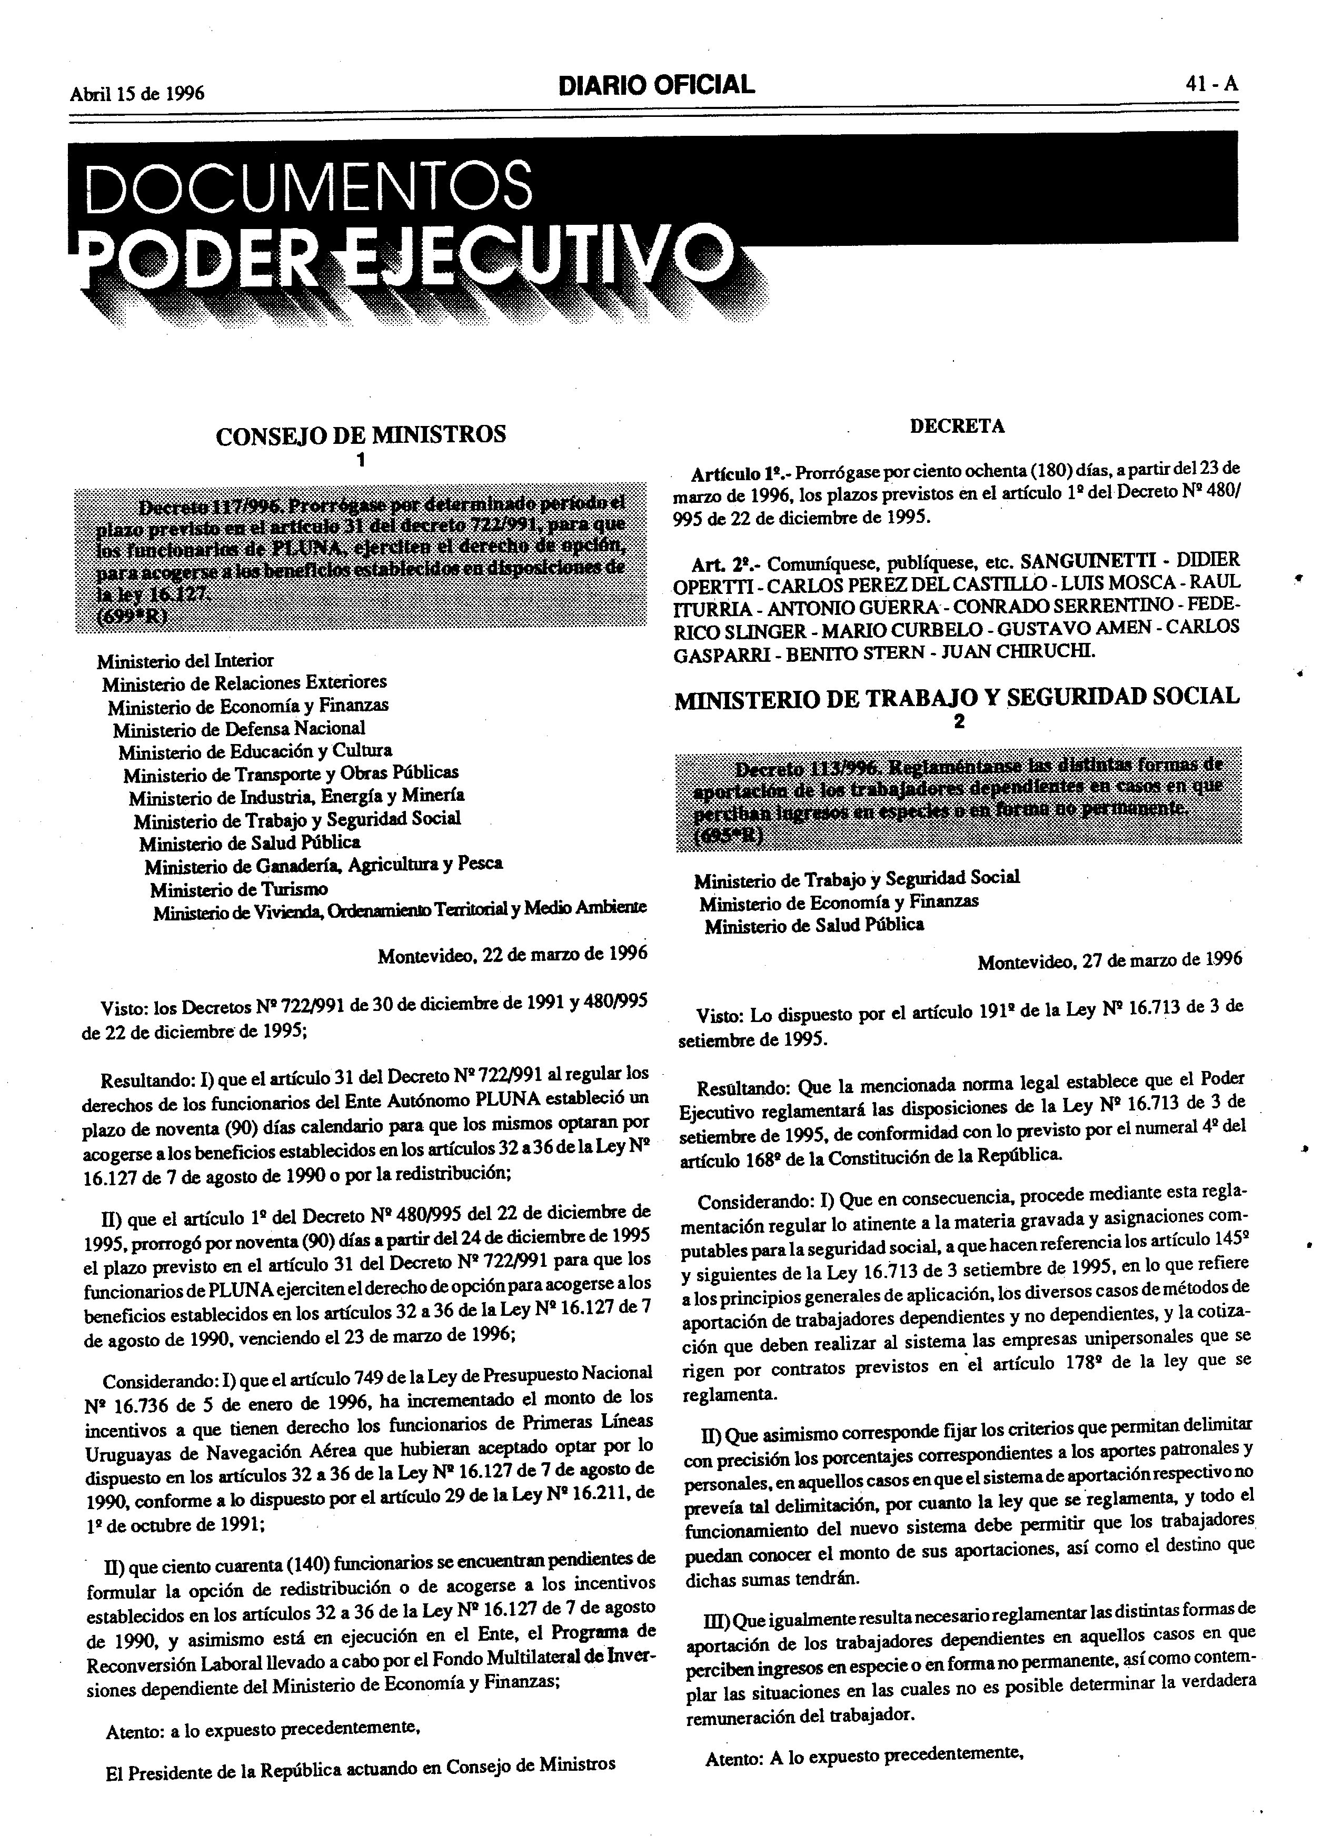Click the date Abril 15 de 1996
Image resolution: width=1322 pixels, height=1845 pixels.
click(x=137, y=93)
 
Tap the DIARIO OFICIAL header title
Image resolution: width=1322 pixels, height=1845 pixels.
click(x=655, y=84)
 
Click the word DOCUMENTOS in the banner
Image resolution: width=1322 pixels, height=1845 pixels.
click(x=309, y=186)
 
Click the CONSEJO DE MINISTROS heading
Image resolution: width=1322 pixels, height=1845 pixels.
click(x=361, y=434)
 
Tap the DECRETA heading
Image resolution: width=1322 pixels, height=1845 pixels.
click(x=957, y=425)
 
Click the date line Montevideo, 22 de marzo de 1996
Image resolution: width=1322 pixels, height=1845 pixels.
click(x=512, y=954)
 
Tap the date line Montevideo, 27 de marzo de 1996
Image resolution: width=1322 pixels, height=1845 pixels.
click(x=1110, y=961)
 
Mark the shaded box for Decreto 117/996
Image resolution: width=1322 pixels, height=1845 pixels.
click(x=361, y=560)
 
